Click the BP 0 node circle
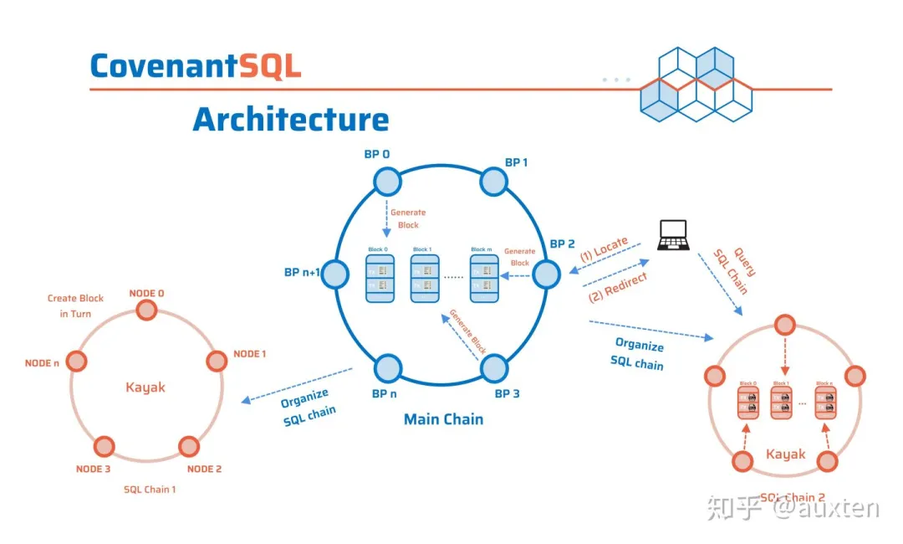387,182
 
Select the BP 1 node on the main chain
494,182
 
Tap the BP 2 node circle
547,274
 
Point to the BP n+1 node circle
334,274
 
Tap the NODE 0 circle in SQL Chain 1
146,310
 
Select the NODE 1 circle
217,361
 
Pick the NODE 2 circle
190,446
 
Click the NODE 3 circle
104,446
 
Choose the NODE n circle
76,362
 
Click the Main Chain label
443,418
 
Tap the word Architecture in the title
291,119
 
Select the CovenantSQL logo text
196,66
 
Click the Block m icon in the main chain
484,278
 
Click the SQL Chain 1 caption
150,489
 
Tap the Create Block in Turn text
75,305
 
